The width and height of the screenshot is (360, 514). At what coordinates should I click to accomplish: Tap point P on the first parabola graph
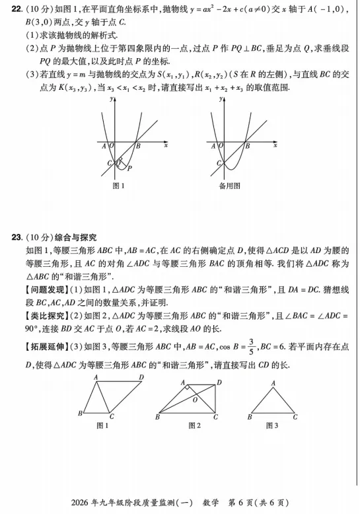pos(130,169)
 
